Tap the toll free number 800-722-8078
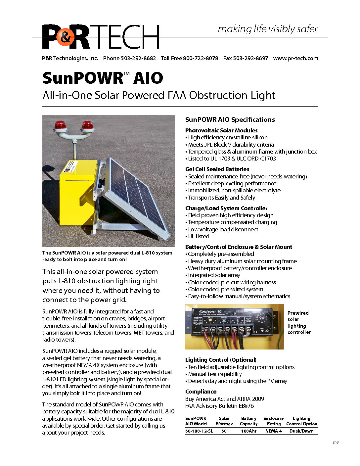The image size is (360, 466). (201, 58)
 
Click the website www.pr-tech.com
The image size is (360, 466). (295, 58)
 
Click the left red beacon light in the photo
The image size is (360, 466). (61, 125)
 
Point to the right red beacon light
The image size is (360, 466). (87, 125)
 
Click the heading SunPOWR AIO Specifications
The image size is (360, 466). (230, 119)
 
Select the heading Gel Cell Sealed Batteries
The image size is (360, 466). (217, 169)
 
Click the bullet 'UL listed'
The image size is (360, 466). (199, 236)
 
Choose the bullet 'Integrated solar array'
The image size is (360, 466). (214, 275)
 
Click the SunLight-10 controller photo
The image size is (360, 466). (235, 327)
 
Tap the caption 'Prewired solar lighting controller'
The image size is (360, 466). (299, 323)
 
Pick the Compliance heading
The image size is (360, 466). (201, 392)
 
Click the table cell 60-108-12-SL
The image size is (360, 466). (199, 431)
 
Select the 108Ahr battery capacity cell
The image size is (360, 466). (249, 431)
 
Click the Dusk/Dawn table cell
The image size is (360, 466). (301, 431)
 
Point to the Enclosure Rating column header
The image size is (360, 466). (274, 421)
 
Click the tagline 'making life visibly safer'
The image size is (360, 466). (268, 29)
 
